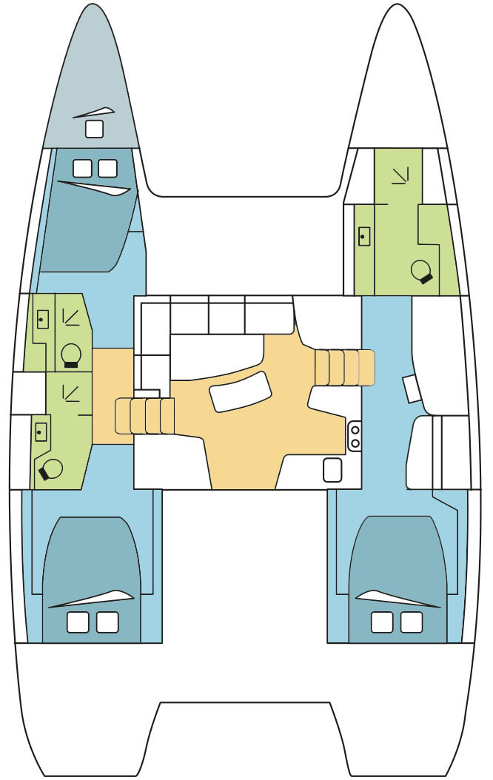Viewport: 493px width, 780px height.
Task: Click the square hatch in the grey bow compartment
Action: pyautogui.click(x=94, y=129)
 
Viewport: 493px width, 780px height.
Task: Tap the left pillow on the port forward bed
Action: pyautogui.click(x=82, y=168)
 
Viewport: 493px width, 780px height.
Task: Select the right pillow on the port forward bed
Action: pyautogui.click(x=108, y=168)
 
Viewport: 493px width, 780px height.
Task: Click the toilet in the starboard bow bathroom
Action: pyautogui.click(x=422, y=272)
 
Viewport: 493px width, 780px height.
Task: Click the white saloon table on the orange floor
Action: pyautogui.click(x=241, y=391)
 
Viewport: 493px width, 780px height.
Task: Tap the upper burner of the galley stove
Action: pyautogui.click(x=355, y=429)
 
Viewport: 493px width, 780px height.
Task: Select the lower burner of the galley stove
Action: pyautogui.click(x=355, y=443)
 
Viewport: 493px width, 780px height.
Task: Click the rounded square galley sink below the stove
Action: pyautogui.click(x=332, y=469)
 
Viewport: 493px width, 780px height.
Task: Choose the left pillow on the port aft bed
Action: pyautogui.click(x=78, y=622)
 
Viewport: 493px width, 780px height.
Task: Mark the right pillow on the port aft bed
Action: pyautogui.click(x=107, y=622)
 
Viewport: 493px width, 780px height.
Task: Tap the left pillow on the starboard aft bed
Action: pyautogui.click(x=383, y=622)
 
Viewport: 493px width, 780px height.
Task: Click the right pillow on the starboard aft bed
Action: pyautogui.click(x=412, y=622)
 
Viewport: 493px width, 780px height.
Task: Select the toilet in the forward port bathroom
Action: pyautogui.click(x=71, y=354)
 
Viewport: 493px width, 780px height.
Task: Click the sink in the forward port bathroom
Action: pyautogui.click(x=42, y=318)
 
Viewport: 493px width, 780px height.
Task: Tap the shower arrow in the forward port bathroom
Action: pyautogui.click(x=72, y=317)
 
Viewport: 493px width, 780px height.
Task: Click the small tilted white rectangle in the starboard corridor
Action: pyautogui.click(x=411, y=389)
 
